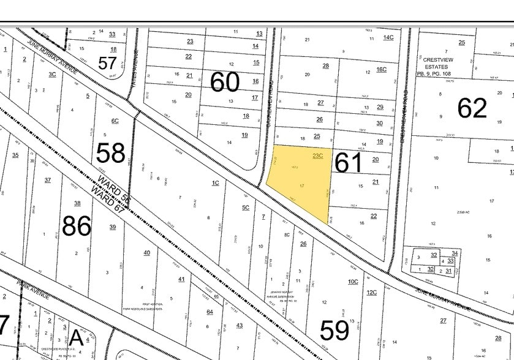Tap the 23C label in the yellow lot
[x=317, y=156]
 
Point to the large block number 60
[x=224, y=81]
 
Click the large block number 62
[x=472, y=108]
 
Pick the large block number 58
[x=110, y=153]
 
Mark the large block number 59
[x=334, y=330]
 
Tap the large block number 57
[x=108, y=63]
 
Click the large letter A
[x=76, y=337]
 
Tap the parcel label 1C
[x=215, y=182]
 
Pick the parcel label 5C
[x=246, y=208]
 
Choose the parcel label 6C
[x=115, y=121]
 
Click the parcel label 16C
[x=381, y=69]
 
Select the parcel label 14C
[x=388, y=37]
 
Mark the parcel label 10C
[x=352, y=281]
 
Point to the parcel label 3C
[x=52, y=74]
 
